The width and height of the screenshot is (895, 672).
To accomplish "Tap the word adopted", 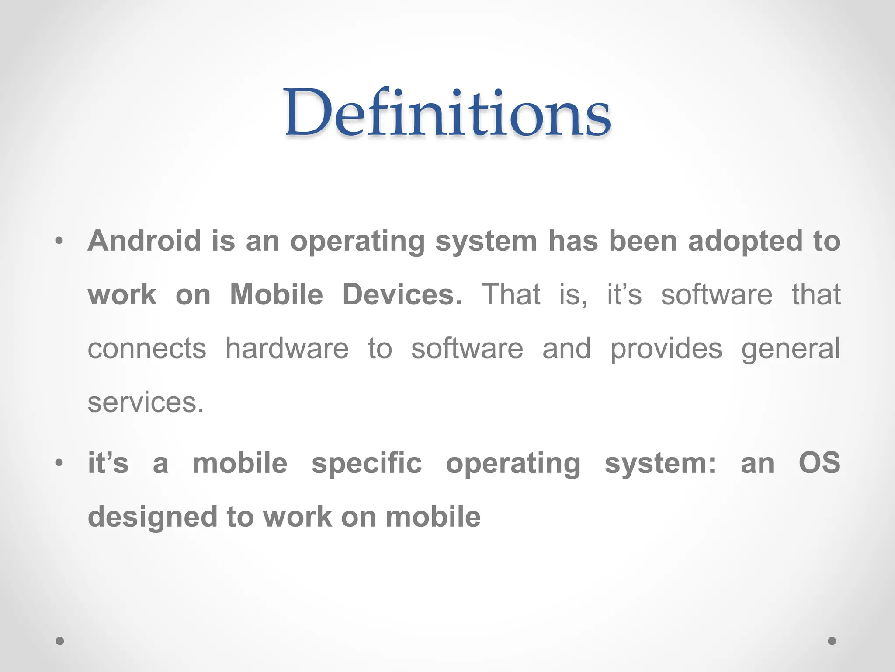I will click(x=746, y=241).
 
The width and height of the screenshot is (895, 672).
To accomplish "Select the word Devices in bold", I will click(x=402, y=294).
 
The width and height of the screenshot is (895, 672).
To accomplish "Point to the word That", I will click(x=510, y=294).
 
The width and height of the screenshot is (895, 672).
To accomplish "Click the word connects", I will click(x=147, y=349).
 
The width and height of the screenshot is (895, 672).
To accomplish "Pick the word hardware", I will click(x=287, y=349).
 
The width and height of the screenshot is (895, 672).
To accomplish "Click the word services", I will click(x=146, y=402).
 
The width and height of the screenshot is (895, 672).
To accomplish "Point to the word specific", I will click(x=367, y=464).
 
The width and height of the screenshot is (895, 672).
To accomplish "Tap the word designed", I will click(x=152, y=518).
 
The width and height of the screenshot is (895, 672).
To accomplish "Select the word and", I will click(x=566, y=349).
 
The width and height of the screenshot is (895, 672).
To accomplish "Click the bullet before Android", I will click(x=59, y=241).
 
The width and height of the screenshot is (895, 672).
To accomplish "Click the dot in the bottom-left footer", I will click(x=60, y=641).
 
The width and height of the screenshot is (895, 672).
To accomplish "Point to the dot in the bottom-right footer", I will click(x=832, y=641).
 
